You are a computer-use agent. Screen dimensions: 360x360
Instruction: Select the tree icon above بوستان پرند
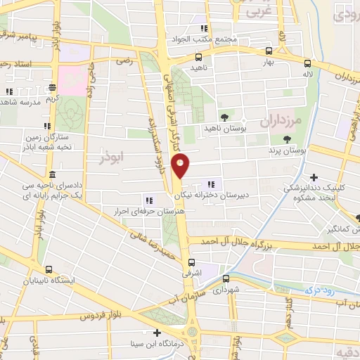(x=287, y=139)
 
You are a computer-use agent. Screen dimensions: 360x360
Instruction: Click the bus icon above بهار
(x=269, y=51)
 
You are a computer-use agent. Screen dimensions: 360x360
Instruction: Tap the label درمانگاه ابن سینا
(x=157, y=345)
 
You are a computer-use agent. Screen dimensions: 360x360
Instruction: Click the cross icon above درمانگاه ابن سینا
(x=157, y=333)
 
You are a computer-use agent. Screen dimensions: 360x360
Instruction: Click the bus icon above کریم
(x=52, y=89)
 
